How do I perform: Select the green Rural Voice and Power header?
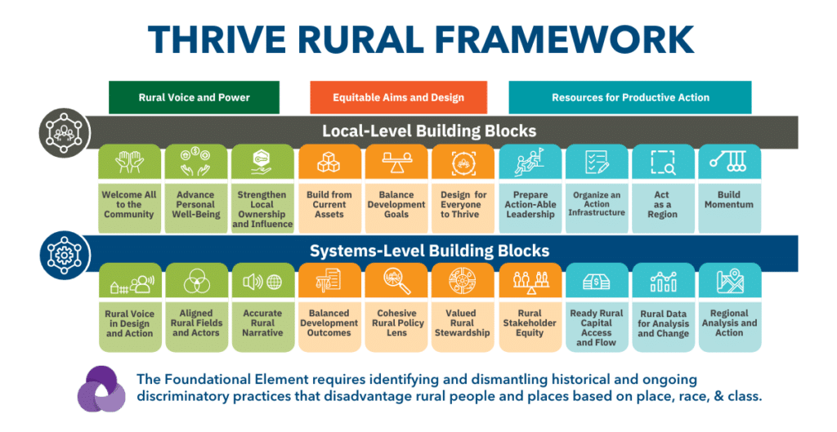pos(194,98)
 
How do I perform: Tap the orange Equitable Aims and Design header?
pos(398,98)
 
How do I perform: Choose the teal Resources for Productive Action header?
pos(630,98)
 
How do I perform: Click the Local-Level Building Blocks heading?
pos(429,131)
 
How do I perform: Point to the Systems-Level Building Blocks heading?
pos(430,251)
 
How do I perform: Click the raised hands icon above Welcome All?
pos(130,161)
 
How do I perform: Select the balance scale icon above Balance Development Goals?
pos(396,162)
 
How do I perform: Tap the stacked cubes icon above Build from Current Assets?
pos(329,162)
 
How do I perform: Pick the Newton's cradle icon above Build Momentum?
pos(728,161)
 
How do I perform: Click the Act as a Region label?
pos(662,205)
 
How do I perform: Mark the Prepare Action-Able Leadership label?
pos(530,205)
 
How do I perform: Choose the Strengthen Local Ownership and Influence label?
pos(262,210)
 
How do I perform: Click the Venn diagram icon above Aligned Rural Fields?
pos(196,281)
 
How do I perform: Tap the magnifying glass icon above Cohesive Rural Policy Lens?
pos(396,281)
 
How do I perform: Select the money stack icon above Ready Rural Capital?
pos(596,281)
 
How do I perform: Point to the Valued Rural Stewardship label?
pos(462,323)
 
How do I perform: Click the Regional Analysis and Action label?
pos(729,323)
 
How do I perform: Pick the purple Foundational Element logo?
pos(101,390)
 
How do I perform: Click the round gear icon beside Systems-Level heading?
pos(64,255)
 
